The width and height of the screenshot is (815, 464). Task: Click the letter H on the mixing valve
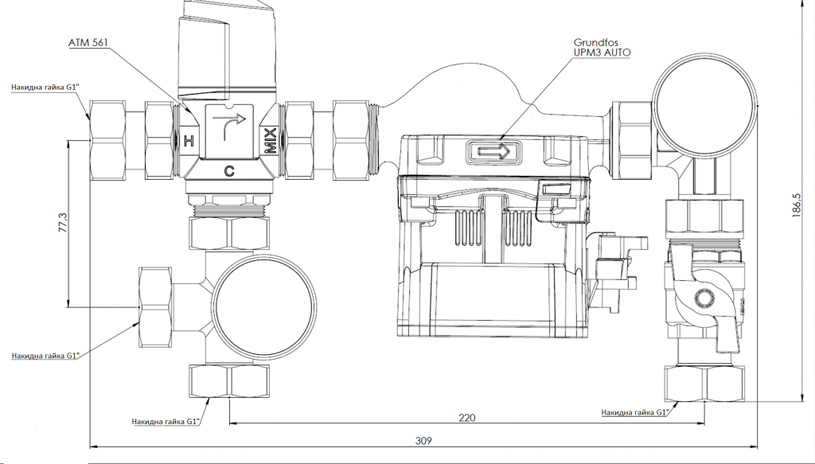tap(188, 142)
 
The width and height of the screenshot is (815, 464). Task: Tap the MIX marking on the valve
tap(271, 141)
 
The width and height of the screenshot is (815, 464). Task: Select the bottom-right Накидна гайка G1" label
tap(634, 412)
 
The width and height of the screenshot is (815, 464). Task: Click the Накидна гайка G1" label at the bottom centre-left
tap(165, 421)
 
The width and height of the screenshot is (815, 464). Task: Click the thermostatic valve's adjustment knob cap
tap(228, 48)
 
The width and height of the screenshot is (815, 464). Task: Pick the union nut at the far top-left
tap(116, 140)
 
